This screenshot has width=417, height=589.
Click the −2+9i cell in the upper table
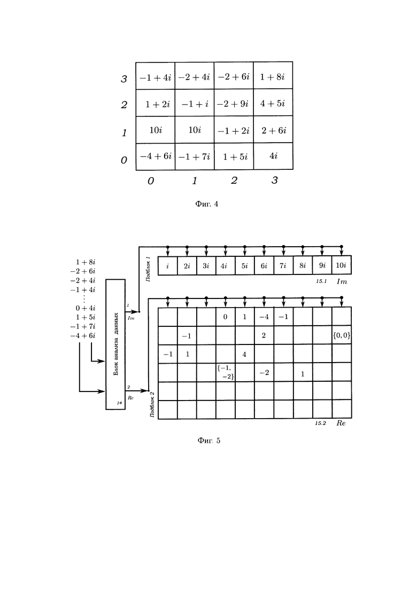(x=234, y=103)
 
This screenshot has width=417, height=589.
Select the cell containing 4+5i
(x=273, y=103)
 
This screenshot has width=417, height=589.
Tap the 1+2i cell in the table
(x=156, y=103)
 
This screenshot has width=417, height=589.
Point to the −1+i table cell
(x=195, y=103)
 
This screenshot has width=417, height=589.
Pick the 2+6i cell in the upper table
(x=273, y=130)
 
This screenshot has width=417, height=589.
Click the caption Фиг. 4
(x=206, y=204)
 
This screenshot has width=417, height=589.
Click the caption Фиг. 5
(x=208, y=440)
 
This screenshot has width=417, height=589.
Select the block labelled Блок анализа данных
(x=115, y=344)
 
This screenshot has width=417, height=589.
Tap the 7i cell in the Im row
(x=283, y=265)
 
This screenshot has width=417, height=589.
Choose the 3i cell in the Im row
(x=206, y=265)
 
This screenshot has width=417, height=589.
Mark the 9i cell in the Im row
(x=322, y=265)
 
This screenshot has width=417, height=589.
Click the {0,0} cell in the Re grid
(x=342, y=335)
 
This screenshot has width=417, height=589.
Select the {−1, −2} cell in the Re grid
(x=226, y=372)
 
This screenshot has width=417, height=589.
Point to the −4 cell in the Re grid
(x=264, y=317)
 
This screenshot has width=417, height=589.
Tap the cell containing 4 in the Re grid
(x=245, y=354)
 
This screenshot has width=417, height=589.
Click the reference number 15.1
(x=321, y=281)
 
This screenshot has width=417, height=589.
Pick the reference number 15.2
(x=320, y=423)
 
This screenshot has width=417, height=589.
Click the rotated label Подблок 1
(x=148, y=269)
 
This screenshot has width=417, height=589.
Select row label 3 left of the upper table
(x=124, y=79)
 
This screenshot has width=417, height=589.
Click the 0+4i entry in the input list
(x=86, y=308)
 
